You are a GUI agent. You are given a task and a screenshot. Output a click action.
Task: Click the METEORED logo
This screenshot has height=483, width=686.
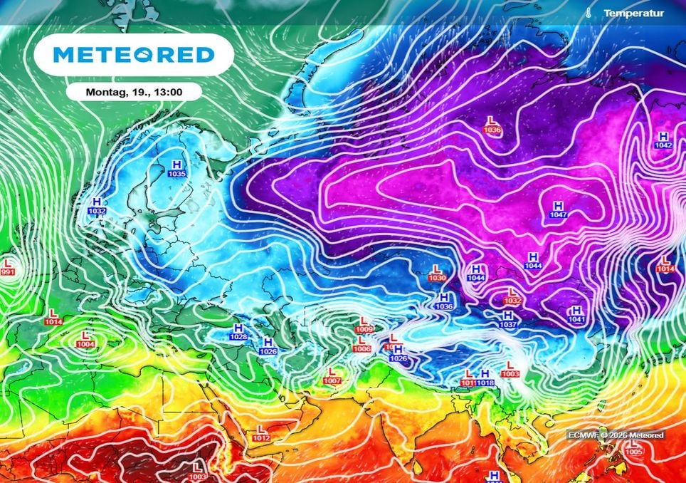134,55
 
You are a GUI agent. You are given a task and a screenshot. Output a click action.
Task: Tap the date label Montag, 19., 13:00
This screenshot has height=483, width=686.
134,92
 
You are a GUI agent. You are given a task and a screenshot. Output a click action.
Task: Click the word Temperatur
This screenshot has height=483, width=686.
633,13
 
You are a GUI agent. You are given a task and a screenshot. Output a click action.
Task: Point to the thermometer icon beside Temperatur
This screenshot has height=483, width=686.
589,13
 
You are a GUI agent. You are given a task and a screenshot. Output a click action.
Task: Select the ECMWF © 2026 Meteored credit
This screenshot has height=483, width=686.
616,435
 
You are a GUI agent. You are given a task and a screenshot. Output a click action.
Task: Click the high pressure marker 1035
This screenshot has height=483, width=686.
177,167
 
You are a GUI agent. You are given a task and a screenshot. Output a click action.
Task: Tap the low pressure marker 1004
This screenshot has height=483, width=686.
86,339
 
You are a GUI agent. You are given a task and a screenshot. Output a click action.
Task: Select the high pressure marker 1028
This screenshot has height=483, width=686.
238,331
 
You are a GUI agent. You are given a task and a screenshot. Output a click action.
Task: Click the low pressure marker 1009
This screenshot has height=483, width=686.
364,324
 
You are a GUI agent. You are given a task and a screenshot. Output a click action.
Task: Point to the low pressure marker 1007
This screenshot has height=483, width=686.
332,375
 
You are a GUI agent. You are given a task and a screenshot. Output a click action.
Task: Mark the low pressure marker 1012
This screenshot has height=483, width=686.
261,432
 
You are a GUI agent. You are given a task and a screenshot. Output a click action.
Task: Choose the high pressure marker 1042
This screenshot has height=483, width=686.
663,140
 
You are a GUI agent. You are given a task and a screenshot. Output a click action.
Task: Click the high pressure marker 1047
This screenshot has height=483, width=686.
558,209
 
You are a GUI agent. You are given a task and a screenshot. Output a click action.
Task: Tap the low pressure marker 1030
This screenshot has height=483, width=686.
437,273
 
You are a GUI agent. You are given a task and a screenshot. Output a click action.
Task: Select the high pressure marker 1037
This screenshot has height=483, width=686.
508,318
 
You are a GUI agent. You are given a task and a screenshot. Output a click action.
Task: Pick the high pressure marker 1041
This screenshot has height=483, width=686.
576,314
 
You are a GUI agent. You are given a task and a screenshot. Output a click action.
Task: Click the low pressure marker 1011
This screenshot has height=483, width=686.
468,378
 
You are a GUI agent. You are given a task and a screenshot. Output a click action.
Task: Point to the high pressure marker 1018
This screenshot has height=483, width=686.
485,378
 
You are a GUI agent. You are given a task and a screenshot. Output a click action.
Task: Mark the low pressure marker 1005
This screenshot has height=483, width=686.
633,447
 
